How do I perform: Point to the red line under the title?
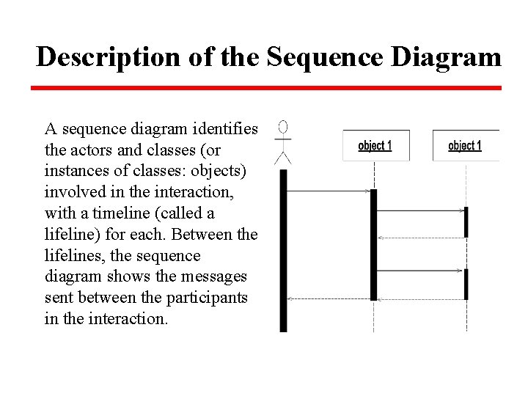point(265,88)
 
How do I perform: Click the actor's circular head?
point(282,125)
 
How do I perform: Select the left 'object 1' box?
point(375,145)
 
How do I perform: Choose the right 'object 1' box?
point(465,145)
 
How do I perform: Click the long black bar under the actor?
point(284,249)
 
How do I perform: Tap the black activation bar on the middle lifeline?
point(374,244)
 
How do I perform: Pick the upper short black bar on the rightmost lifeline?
point(466,221)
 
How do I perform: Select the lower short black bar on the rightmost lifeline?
point(466,284)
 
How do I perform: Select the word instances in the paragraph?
point(75,172)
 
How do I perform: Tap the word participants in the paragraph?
point(211,298)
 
